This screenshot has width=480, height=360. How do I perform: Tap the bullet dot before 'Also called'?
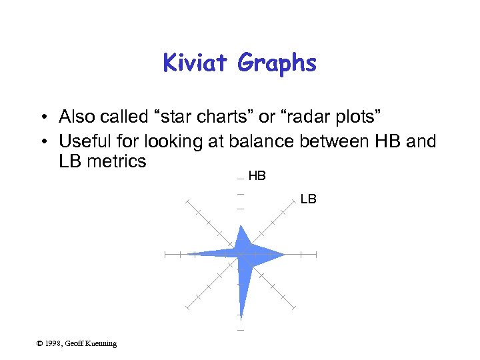tap(42, 117)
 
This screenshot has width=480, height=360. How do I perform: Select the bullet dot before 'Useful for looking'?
tap(42, 142)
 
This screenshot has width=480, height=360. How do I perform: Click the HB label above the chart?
tap(257, 177)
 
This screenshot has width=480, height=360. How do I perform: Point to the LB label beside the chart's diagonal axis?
tap(308, 199)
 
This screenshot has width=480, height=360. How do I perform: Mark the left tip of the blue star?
tap(189, 253)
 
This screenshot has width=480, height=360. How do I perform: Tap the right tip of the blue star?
tap(284, 254)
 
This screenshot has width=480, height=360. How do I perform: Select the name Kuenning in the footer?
tap(101, 343)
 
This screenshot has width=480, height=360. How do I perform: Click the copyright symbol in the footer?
tap(40, 343)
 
